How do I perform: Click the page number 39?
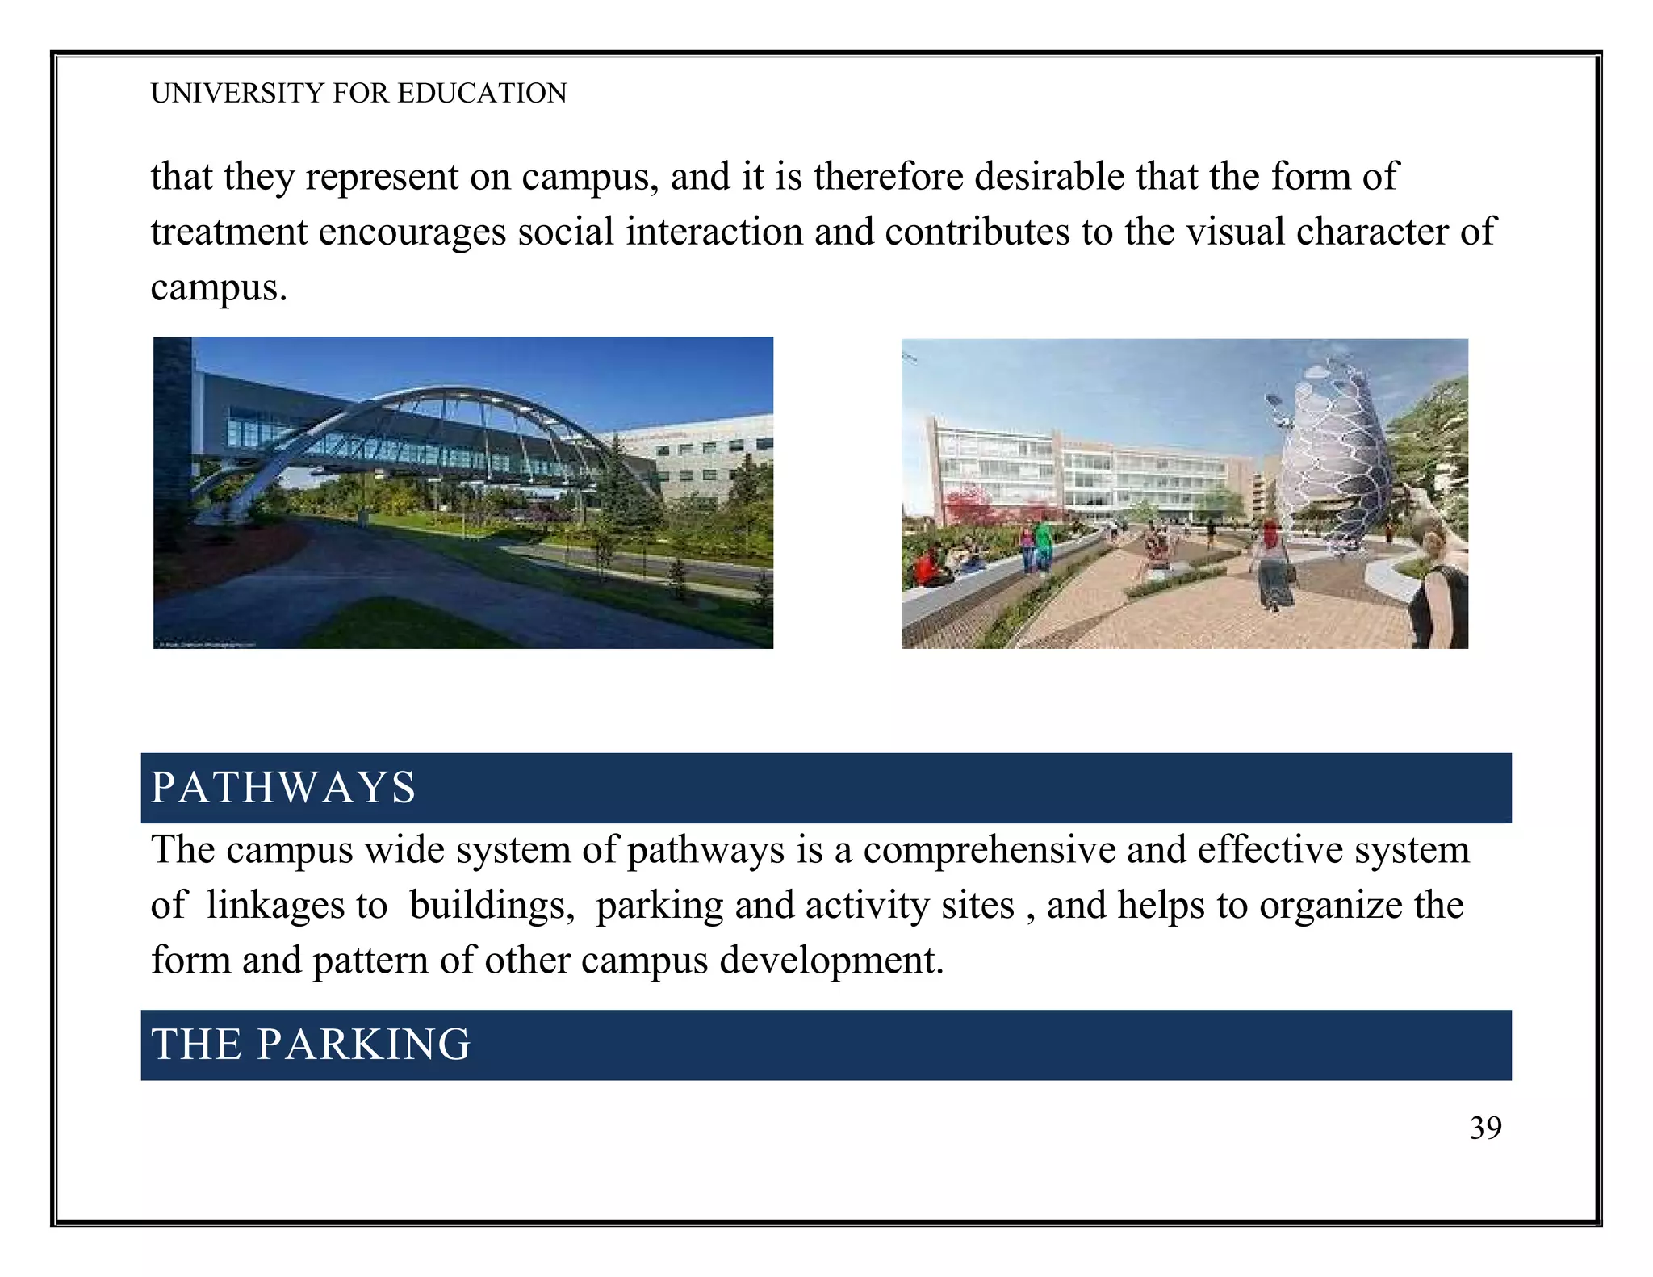1485,1128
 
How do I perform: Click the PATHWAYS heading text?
283,788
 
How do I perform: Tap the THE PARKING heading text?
311,1045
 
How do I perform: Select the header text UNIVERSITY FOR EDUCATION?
358,94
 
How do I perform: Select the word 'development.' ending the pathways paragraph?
831,961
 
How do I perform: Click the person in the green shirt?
1044,542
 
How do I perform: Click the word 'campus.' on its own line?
219,288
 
